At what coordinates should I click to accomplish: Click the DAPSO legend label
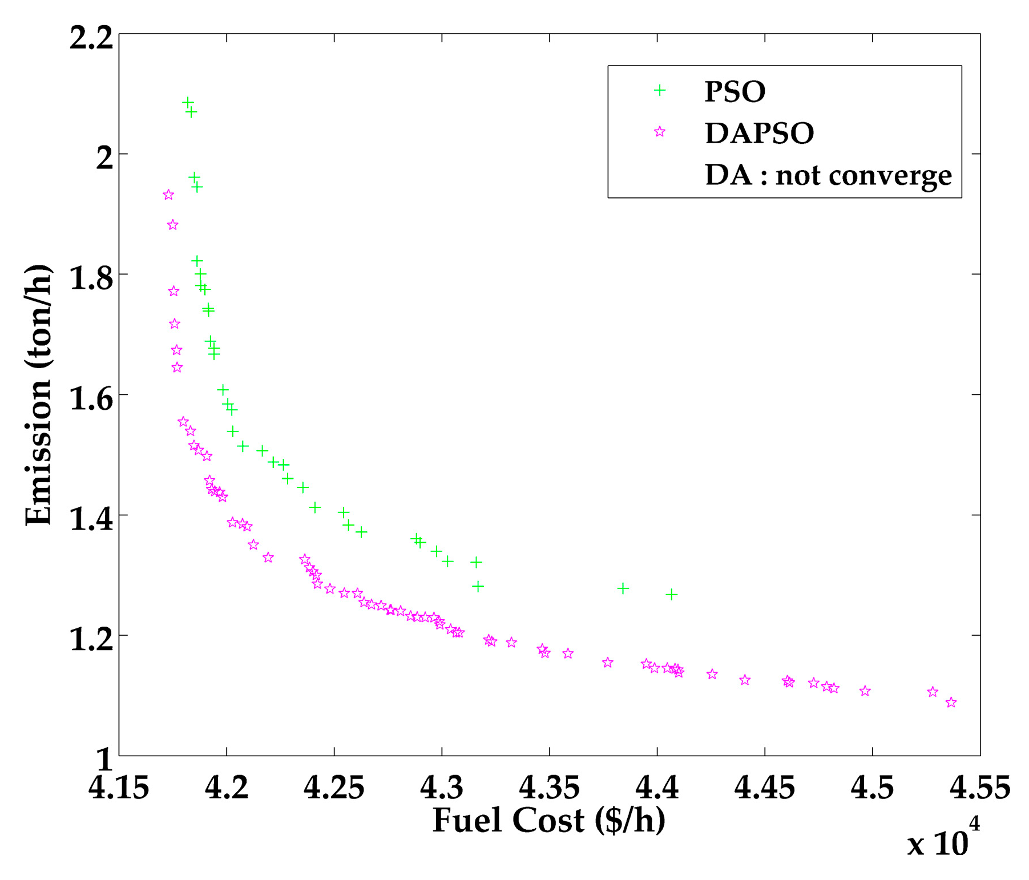tap(758, 134)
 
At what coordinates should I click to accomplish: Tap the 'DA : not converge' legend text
tap(828, 175)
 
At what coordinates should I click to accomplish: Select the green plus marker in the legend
tap(660, 91)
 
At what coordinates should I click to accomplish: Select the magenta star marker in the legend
tap(660, 132)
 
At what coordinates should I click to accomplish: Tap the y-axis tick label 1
tap(103, 760)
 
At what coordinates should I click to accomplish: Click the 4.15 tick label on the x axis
tap(119, 788)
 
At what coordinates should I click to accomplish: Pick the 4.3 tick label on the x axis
tap(442, 788)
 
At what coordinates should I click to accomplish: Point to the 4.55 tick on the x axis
tap(979, 788)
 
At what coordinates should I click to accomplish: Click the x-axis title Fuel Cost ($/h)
tap(548, 821)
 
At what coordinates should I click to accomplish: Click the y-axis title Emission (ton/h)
tap(39, 394)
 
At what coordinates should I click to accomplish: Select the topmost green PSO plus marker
tap(188, 102)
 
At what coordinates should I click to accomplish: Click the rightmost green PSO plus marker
tap(671, 594)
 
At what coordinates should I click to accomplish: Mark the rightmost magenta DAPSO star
tap(951, 703)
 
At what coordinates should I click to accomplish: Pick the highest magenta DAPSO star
tap(168, 195)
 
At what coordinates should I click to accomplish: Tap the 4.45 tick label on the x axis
tap(764, 788)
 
